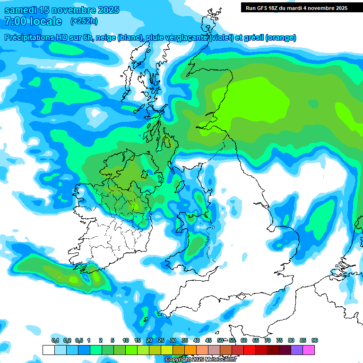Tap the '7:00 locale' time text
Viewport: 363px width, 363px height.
(33, 21)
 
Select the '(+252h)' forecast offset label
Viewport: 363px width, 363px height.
(84, 21)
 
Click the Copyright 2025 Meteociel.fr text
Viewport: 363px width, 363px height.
(201, 360)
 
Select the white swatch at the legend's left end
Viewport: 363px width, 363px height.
(48, 350)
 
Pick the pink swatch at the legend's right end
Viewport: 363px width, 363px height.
(309, 350)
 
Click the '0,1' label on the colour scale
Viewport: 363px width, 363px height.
(55, 341)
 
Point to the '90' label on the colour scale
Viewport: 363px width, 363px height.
(315, 341)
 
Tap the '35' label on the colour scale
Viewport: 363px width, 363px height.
(185, 341)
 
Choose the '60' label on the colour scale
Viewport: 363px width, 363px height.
(244, 341)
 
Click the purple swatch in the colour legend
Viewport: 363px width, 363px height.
(297, 350)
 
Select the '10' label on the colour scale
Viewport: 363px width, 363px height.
(126, 341)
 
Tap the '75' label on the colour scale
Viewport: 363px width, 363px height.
(279, 341)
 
